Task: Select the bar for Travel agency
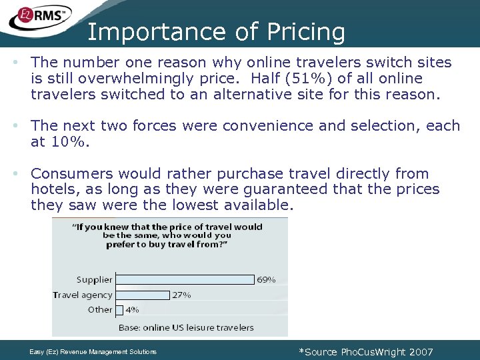click(142, 295)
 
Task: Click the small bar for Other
click(119, 310)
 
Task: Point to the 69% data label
click(266, 280)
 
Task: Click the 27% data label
click(181, 295)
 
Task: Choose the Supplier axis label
click(94, 280)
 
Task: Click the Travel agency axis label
click(83, 295)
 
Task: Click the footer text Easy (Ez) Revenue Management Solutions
click(93, 351)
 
